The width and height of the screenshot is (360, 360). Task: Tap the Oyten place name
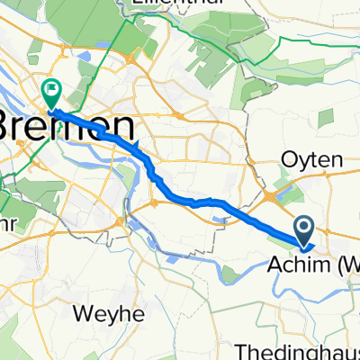pyautogui.click(x=315, y=159)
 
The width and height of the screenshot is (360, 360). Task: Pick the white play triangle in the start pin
pyautogui.click(x=305, y=228)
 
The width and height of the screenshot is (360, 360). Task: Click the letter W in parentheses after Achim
pyautogui.click(x=349, y=265)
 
